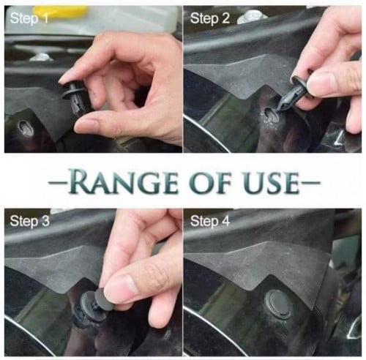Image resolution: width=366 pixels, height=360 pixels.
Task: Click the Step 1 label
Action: tap(29, 18)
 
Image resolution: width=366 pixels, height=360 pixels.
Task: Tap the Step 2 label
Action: tap(210, 18)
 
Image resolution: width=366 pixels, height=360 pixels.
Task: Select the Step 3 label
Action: tap(29, 221)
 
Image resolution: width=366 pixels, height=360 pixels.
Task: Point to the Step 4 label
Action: tap(210, 221)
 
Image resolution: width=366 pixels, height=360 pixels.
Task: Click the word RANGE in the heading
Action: tap(122, 181)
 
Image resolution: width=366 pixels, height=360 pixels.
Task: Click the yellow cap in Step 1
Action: tap(61, 12)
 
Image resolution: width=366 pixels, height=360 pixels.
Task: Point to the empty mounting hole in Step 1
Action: tap(25, 127)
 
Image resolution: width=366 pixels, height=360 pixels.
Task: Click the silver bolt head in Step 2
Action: tap(251, 17)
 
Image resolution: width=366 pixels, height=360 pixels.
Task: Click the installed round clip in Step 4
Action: tap(278, 304)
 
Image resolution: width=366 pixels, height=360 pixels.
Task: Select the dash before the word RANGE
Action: tap(57, 182)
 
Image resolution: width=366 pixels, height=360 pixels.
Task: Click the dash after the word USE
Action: tap(311, 182)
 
